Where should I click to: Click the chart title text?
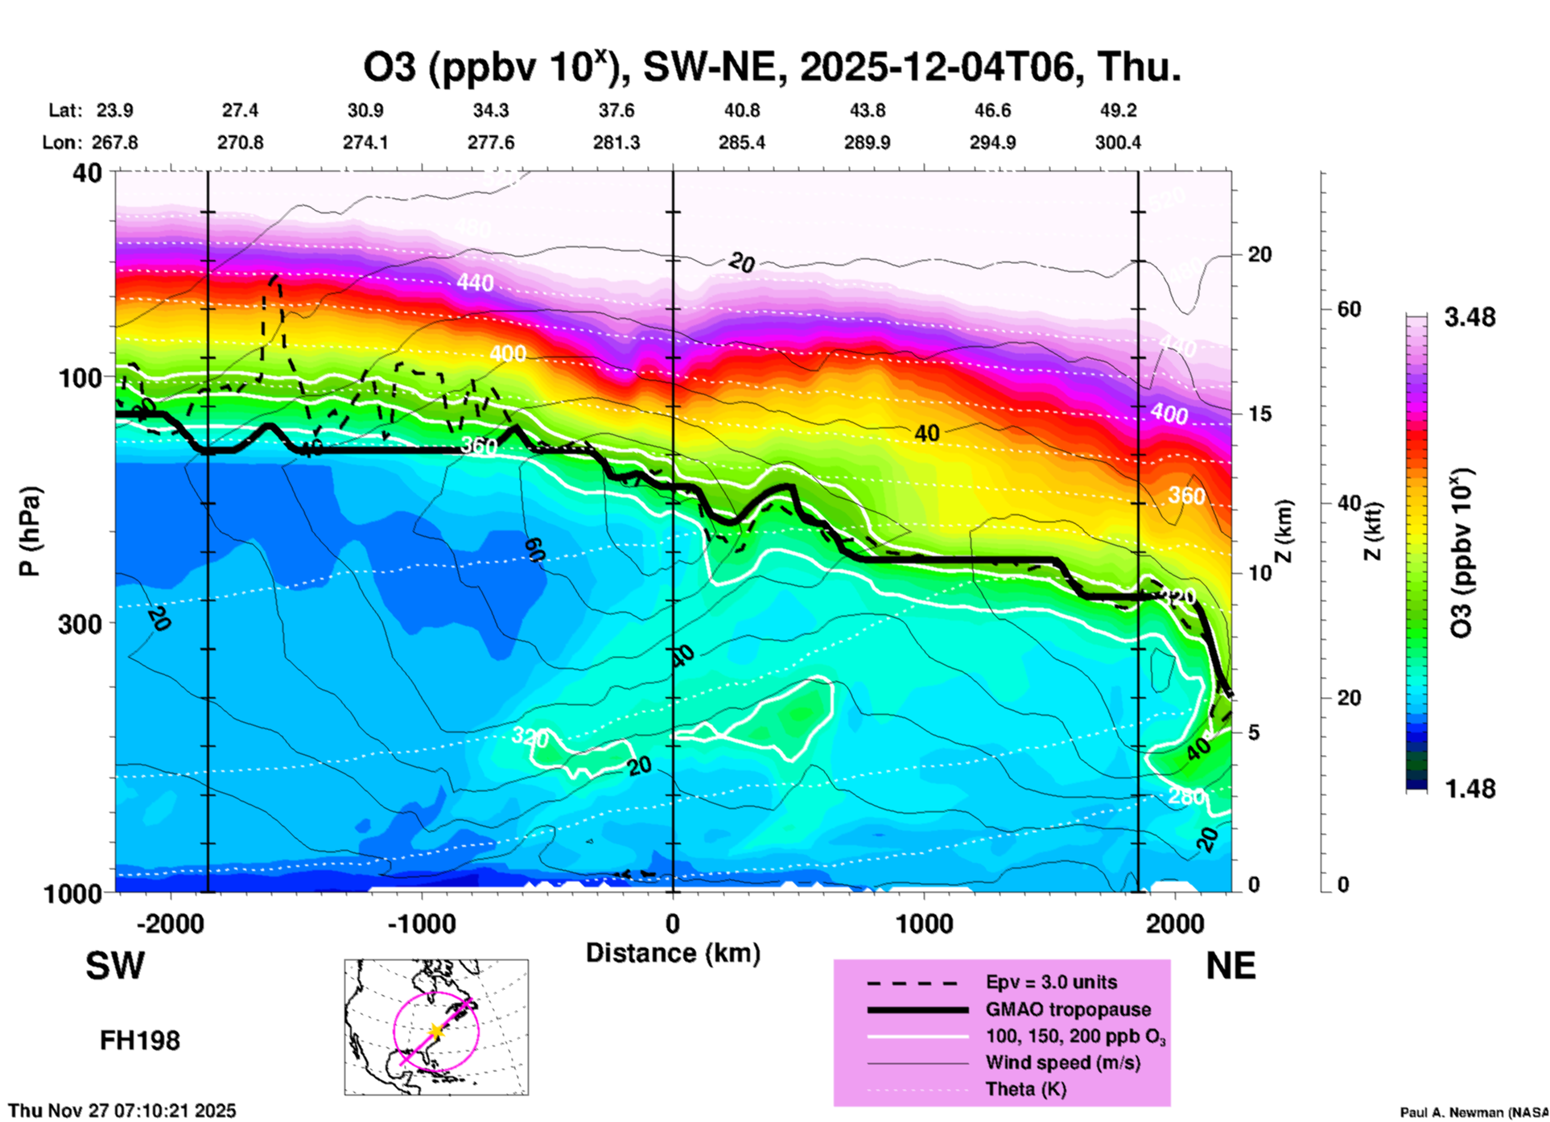click(773, 68)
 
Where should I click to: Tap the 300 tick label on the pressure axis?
click(80, 624)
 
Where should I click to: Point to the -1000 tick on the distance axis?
click(422, 923)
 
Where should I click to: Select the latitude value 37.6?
click(616, 110)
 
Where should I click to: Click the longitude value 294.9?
click(992, 143)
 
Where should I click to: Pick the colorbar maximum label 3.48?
click(1470, 318)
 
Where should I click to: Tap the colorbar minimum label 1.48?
click(1470, 789)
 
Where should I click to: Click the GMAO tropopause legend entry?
click(1068, 1009)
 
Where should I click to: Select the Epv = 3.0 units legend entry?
click(1051, 983)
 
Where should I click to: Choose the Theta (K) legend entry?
click(1025, 1090)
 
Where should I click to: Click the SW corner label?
click(115, 967)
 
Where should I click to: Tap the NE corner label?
click(1231, 967)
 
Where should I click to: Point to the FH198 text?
click(140, 1041)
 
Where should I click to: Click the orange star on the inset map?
click(435, 1031)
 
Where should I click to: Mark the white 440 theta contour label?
click(475, 283)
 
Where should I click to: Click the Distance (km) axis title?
click(673, 953)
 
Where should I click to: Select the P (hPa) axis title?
click(31, 531)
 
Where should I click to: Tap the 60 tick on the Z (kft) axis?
click(1349, 310)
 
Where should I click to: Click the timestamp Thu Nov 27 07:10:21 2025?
click(122, 1111)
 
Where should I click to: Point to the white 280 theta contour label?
click(1186, 797)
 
